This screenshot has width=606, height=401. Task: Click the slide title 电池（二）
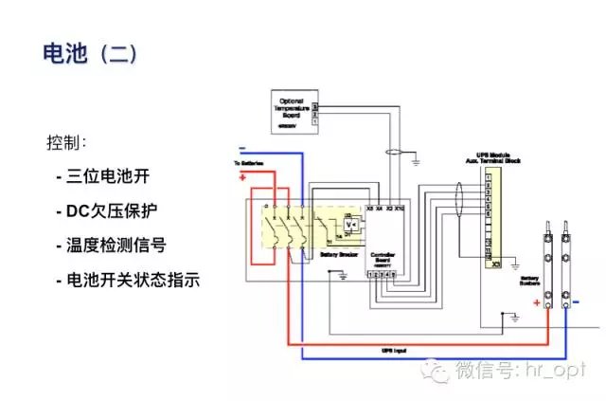91,53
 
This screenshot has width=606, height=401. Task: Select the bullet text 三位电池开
109,176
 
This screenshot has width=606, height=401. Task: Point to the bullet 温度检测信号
117,246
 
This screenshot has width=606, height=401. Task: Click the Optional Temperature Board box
286,110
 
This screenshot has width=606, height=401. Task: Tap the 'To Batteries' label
247,165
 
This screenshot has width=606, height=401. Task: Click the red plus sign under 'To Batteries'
241,176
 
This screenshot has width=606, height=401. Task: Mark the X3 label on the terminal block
496,264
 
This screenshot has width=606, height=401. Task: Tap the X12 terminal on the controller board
401,207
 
